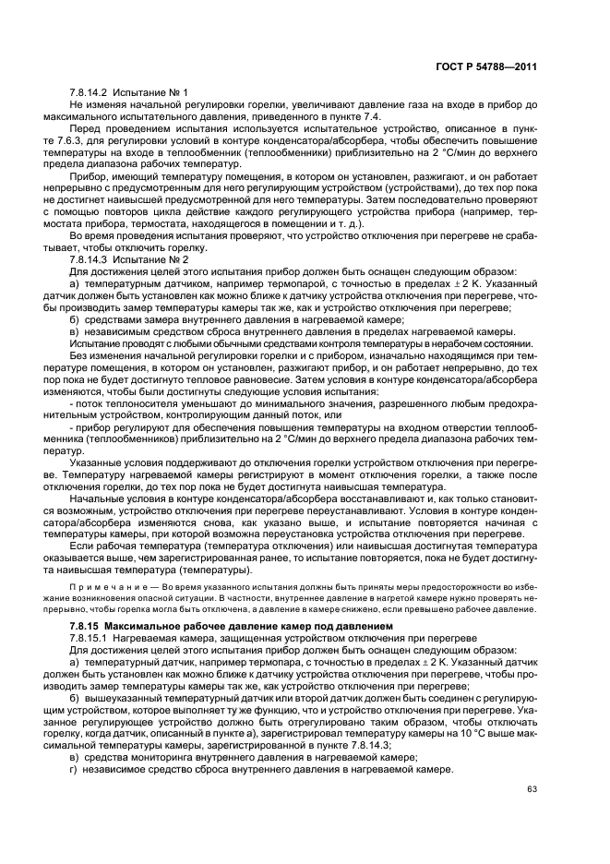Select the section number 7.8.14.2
(90, 93)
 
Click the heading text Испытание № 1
(152, 93)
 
